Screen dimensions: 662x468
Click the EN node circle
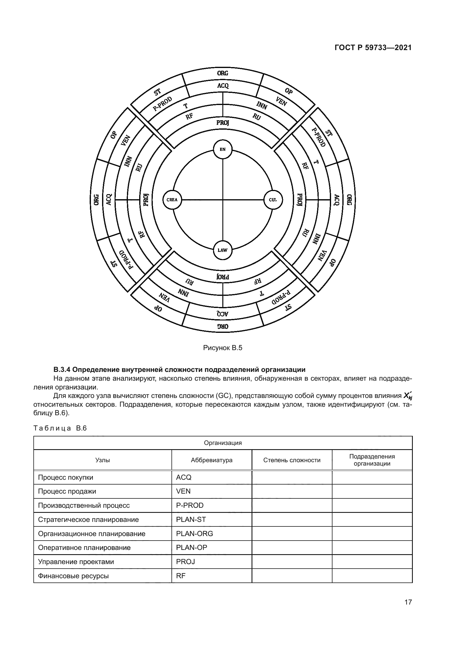(222, 149)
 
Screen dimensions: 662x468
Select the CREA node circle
(172, 200)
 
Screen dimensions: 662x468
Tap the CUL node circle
(273, 200)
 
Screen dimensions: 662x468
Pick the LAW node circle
(222, 250)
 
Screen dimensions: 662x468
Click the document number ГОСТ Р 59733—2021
(373, 48)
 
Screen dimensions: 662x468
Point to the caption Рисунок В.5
(222, 348)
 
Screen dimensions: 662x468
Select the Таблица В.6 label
(60, 428)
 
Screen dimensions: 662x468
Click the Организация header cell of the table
(222, 443)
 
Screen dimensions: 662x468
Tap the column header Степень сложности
(292, 460)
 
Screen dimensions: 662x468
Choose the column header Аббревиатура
(212, 460)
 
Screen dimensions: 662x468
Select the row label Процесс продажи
(67, 491)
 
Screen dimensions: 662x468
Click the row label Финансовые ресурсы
(73, 576)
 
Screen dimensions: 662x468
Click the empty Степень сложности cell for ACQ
(292, 477)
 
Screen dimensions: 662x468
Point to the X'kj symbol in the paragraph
(407, 397)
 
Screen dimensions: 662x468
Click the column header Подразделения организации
(372, 460)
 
